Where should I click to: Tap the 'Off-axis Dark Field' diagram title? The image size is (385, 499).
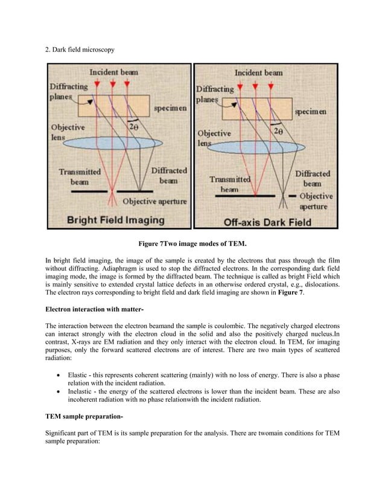tap(267, 222)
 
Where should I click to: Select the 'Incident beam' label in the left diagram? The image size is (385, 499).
tap(114, 72)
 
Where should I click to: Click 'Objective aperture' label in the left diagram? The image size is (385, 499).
tap(154, 201)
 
